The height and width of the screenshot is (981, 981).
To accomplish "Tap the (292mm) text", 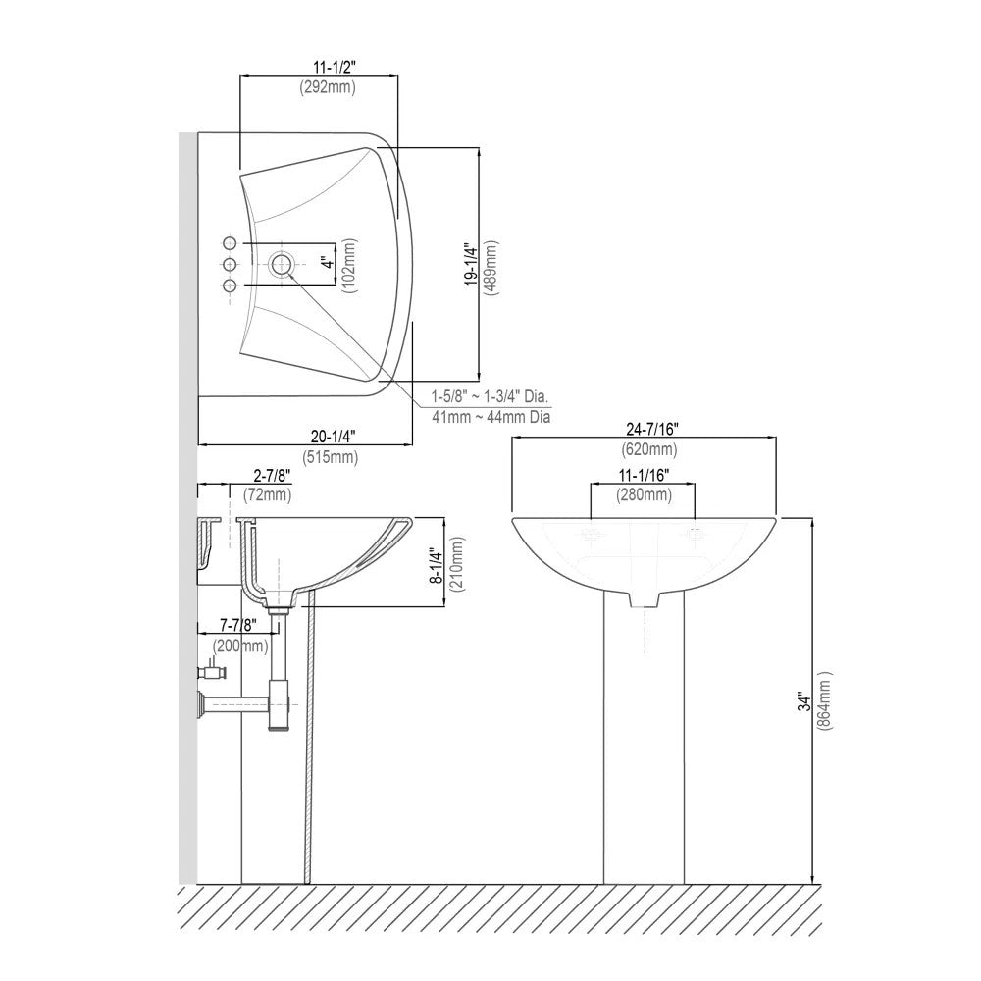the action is tap(328, 87).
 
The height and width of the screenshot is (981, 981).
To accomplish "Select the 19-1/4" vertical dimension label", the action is tap(471, 266).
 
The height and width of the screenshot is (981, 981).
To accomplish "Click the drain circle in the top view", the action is tap(283, 263).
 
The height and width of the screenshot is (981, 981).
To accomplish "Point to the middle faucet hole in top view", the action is tap(230, 264).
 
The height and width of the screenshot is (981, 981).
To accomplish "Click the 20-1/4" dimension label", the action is tap(333, 436).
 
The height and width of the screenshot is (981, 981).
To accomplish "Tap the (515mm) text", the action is tap(331, 457).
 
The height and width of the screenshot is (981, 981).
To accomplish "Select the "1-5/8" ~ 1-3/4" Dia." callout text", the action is tap(490, 396).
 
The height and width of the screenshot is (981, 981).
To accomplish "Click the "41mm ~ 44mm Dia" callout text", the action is tap(491, 417).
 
